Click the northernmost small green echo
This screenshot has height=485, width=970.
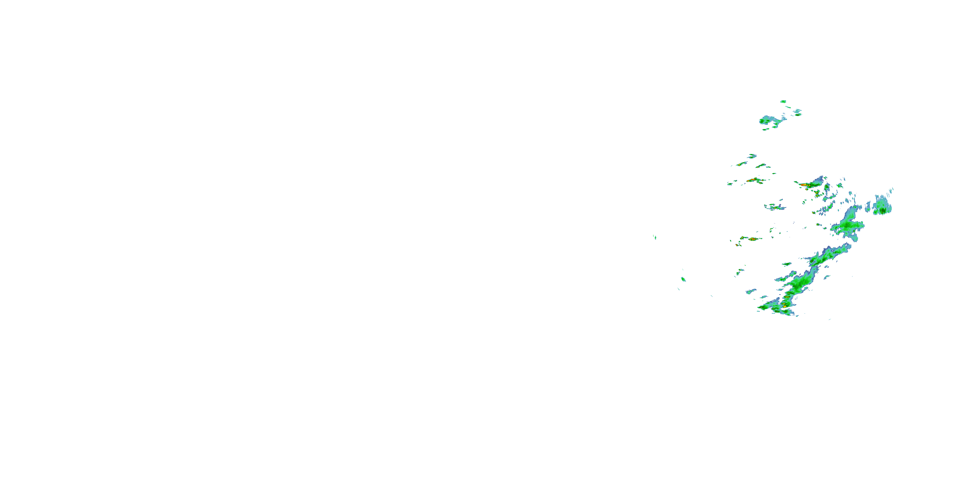(783, 101)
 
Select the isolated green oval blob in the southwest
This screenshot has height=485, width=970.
(683, 279)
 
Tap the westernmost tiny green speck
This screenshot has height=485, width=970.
(655, 237)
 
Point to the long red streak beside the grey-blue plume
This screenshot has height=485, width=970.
(804, 185)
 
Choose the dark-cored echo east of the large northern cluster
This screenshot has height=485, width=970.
(797, 112)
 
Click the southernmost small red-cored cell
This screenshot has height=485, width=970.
(737, 245)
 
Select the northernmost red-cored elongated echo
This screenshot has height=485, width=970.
(741, 164)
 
